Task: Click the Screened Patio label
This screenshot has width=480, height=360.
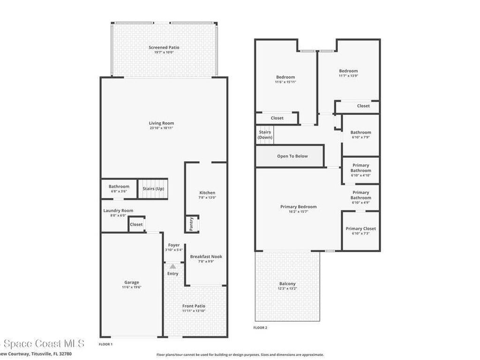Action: click(164, 47)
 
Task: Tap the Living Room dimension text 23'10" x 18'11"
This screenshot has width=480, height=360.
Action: click(162, 128)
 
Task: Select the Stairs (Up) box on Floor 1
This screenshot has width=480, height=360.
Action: click(153, 189)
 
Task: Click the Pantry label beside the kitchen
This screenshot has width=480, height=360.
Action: click(191, 224)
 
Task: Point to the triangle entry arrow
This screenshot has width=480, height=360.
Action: click(173, 266)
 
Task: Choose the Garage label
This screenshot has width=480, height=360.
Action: click(132, 282)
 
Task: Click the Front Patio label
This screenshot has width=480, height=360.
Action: click(194, 306)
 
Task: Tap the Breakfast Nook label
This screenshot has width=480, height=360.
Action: click(206, 256)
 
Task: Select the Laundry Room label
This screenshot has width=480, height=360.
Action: click(118, 211)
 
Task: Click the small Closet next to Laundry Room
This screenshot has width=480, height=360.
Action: click(136, 225)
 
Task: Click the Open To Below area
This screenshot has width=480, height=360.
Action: click(292, 156)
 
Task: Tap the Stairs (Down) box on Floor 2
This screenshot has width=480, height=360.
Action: click(265, 135)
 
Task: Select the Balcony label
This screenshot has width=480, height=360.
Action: click(287, 284)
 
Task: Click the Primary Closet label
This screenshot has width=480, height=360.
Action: click(360, 229)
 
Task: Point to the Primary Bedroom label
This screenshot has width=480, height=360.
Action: click(298, 207)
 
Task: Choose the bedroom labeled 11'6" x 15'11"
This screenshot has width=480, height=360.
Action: click(285, 77)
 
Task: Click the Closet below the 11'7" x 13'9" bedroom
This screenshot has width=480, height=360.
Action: click(363, 106)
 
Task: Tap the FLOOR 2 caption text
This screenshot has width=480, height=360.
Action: click(260, 328)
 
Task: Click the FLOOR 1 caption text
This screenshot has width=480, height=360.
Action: click(105, 344)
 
